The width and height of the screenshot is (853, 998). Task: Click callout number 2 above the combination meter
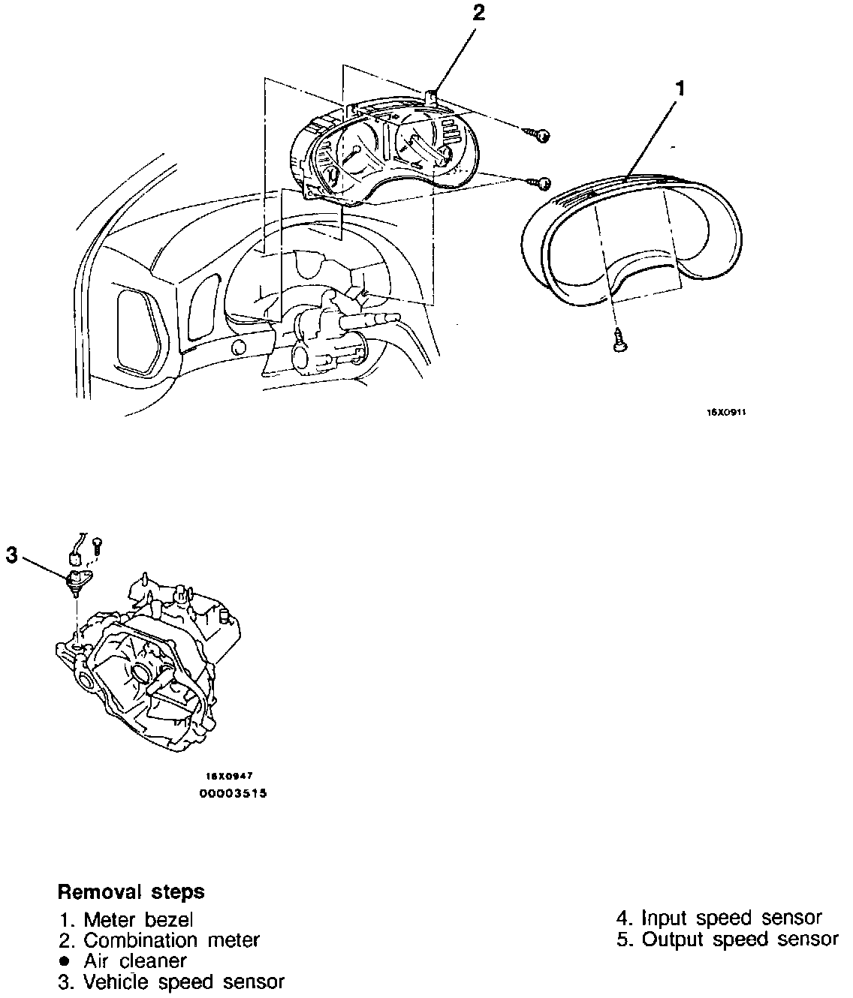[479, 13]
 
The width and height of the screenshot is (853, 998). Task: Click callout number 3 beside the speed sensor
[11, 555]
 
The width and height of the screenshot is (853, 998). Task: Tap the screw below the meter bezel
[619, 341]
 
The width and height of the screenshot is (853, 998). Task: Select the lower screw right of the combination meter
[542, 182]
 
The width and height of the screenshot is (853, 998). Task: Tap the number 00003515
[232, 792]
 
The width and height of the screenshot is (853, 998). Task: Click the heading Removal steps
[131, 892]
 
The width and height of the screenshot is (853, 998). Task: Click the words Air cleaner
[135, 960]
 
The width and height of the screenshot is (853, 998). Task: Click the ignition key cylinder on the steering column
[303, 359]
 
